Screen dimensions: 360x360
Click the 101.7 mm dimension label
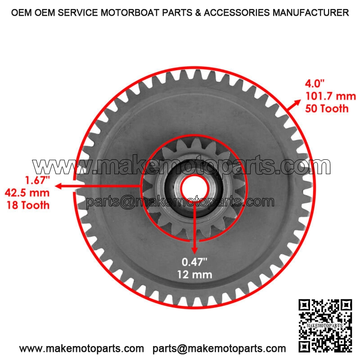click(x=330, y=96)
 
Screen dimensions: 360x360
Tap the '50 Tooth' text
click(x=327, y=108)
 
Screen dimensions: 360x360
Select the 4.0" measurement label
click(x=315, y=83)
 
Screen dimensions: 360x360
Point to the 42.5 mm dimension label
click(x=27, y=193)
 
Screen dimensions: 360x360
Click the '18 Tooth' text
click(x=28, y=205)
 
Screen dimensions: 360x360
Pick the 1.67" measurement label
click(x=37, y=180)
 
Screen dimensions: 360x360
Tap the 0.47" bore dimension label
click(x=194, y=262)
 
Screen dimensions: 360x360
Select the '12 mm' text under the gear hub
click(x=194, y=274)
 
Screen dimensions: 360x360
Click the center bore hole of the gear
click(x=194, y=189)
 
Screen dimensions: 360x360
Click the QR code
click(x=325, y=325)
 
